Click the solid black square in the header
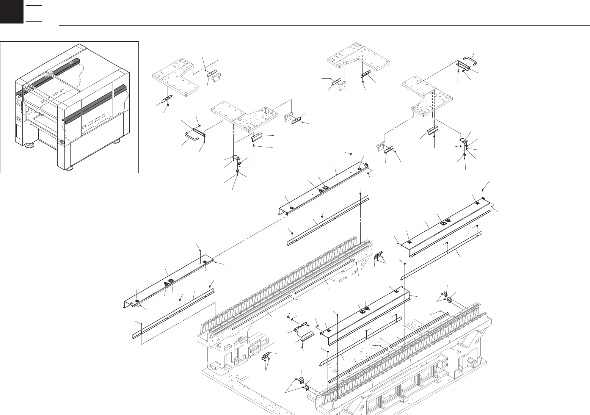tap(12, 11)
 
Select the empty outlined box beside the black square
tap(34, 14)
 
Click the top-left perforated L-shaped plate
tap(176, 80)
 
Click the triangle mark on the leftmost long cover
tap(166, 283)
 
